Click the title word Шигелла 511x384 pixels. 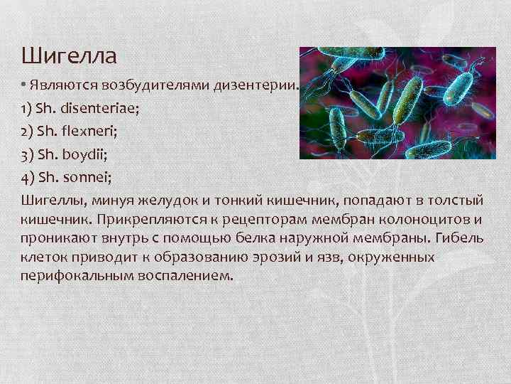coord(68,55)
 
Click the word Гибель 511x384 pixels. coord(462,238)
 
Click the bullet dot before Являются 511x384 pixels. coord(24,85)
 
